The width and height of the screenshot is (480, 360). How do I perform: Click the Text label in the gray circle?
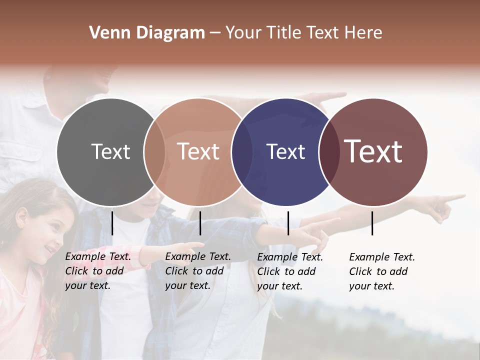pyautogui.click(x=110, y=151)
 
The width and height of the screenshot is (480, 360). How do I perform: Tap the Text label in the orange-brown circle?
pyautogui.click(x=198, y=151)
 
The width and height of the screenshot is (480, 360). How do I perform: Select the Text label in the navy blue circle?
pyautogui.click(x=285, y=151)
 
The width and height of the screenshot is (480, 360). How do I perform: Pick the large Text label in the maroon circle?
pyautogui.click(x=373, y=151)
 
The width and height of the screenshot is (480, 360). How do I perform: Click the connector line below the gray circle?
pyautogui.click(x=112, y=223)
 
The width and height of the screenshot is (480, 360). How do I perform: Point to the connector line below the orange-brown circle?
pyautogui.click(x=200, y=223)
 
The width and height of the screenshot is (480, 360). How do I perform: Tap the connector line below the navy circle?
pyautogui.click(x=288, y=223)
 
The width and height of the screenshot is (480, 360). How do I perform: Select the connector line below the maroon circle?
pyautogui.click(x=372, y=223)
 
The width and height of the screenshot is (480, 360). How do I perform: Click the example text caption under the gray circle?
pyautogui.click(x=97, y=271)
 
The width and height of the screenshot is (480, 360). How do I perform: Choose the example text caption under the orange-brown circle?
pyautogui.click(x=197, y=271)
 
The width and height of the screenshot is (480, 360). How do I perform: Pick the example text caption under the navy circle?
pyautogui.click(x=289, y=271)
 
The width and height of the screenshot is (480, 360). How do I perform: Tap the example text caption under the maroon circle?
pyautogui.click(x=381, y=271)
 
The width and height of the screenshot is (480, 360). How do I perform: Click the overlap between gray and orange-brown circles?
pyautogui.click(x=154, y=152)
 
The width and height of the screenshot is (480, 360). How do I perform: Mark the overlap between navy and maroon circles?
pyautogui.click(x=329, y=152)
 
